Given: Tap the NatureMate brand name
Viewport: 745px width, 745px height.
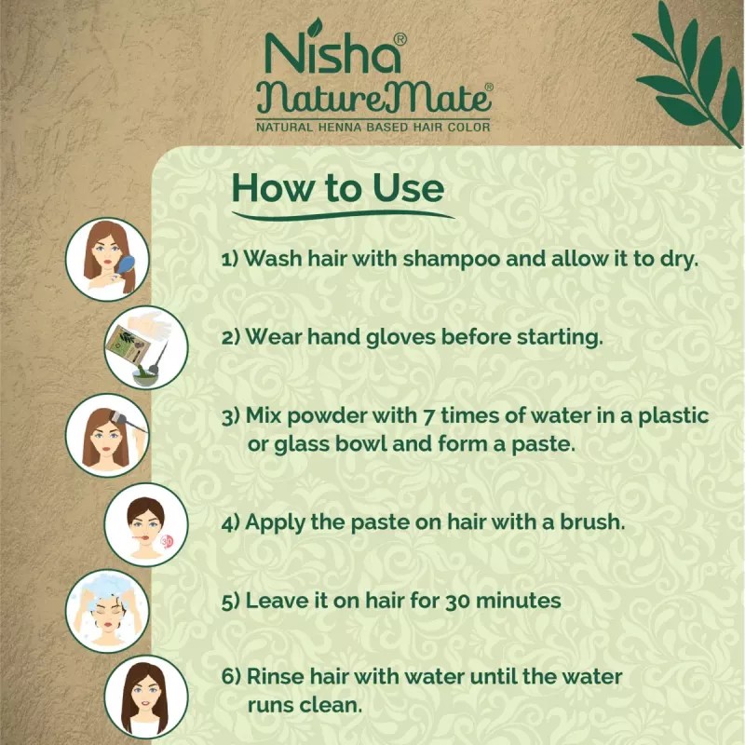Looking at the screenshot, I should coord(372,97).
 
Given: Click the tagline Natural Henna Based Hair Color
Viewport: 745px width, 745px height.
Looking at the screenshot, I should coord(372,126).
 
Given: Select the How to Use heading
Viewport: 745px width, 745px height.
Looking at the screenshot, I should coord(338,187).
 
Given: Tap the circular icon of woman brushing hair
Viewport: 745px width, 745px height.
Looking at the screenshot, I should coord(108,260).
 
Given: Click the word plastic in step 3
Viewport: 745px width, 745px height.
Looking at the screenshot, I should coord(673,414).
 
